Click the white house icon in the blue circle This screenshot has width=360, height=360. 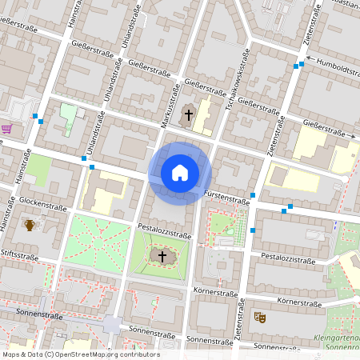180,173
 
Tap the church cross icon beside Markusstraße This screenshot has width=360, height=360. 189,114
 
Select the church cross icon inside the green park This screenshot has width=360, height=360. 162,256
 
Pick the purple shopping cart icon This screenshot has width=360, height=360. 6,128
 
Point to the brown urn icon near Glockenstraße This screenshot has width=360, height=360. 30,225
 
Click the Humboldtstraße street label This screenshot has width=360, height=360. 337,68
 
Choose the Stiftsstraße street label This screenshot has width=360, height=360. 19,257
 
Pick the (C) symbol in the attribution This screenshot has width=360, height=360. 50,354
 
